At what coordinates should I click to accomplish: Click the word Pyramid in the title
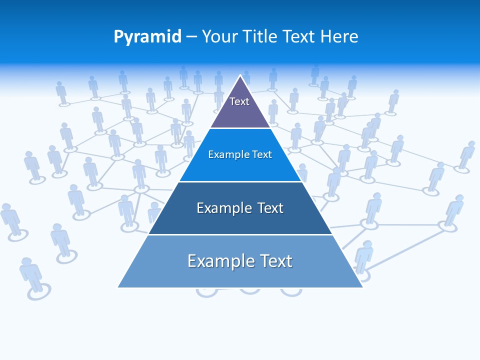[x=147, y=37]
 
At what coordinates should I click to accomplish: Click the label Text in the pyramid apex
[x=239, y=101]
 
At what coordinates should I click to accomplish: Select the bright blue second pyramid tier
[x=240, y=167]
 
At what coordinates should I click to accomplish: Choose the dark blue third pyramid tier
[x=240, y=220]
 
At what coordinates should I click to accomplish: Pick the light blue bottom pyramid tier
[x=240, y=275]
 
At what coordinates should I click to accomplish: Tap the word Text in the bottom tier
[x=274, y=261]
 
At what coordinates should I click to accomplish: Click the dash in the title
[x=191, y=37]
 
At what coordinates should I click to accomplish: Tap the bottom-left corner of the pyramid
[x=118, y=287]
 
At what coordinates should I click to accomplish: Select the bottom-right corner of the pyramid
[x=362, y=287]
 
